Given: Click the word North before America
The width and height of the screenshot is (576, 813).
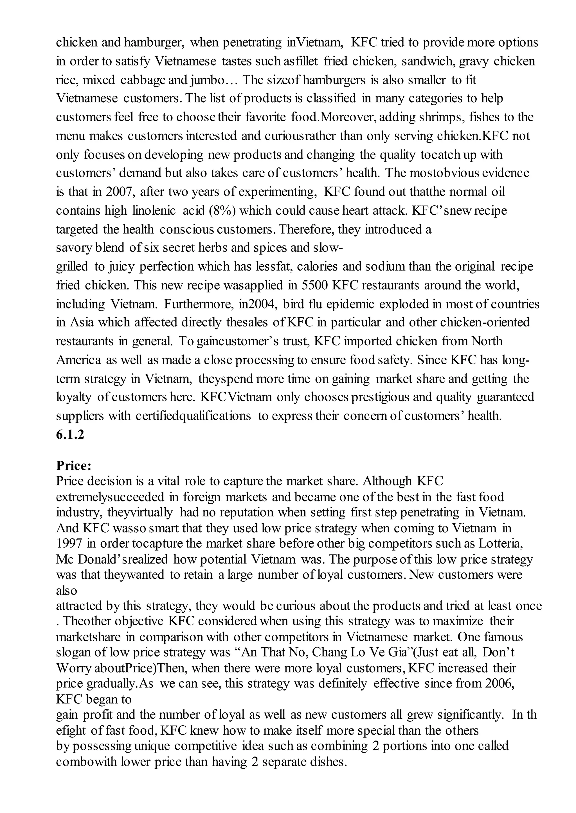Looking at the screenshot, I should tap(487, 341).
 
